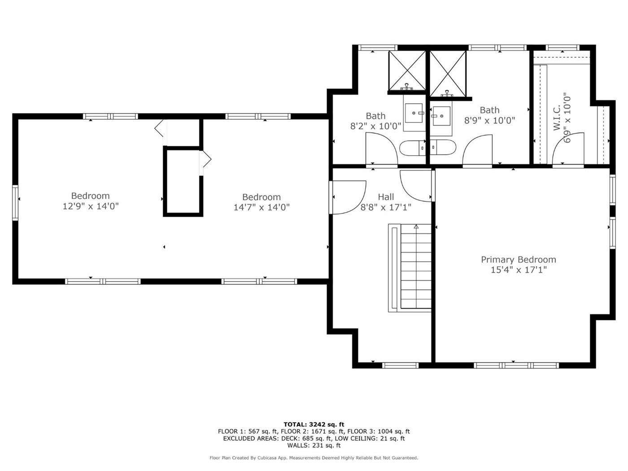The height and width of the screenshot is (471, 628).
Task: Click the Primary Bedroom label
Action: tap(519, 260)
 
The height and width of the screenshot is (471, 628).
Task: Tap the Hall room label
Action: tap(386, 197)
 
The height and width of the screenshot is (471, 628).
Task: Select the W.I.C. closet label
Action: tap(557, 118)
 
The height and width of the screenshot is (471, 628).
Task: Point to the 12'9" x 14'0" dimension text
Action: tap(91, 206)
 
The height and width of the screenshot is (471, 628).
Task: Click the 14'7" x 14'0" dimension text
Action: tap(262, 207)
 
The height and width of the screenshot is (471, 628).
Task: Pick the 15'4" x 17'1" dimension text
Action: tap(519, 270)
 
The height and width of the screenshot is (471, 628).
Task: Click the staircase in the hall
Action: tap(410, 268)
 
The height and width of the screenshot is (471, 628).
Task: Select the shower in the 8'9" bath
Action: tap(448, 74)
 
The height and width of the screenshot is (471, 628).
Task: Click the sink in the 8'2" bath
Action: tap(414, 113)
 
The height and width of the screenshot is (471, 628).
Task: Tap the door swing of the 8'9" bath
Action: tap(477, 150)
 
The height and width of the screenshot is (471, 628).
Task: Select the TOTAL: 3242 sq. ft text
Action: tap(314, 424)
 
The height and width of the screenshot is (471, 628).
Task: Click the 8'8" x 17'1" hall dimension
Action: tap(386, 207)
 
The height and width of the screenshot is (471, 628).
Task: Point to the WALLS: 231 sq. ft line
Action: tap(314, 445)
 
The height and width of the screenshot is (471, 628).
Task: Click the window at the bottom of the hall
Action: tap(400, 365)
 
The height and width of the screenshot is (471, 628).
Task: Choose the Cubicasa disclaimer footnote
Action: tap(314, 458)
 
